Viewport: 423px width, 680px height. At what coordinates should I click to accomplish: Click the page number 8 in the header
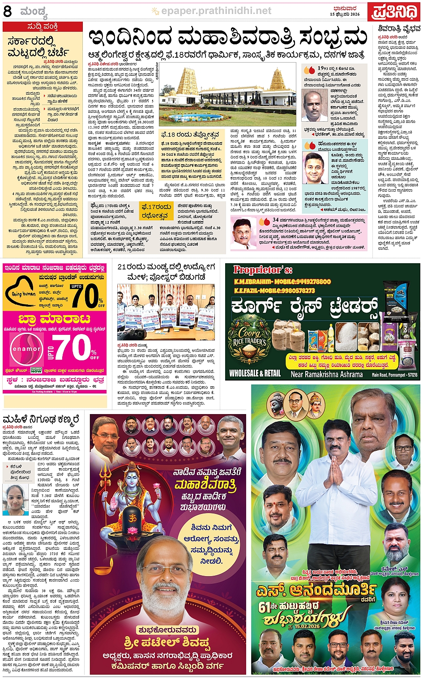7,11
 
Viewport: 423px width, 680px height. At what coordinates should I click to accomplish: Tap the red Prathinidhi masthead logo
394,12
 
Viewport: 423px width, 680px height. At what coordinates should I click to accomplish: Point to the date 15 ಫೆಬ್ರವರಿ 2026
345,14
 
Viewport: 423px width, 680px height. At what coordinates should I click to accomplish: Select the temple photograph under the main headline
228,95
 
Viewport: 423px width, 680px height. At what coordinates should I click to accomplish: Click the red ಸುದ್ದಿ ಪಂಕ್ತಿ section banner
43,26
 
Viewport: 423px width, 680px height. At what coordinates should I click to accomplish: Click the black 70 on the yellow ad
85,295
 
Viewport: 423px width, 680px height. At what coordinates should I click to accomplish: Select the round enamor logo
26,349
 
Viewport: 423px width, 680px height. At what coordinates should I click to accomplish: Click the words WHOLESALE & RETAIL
255,373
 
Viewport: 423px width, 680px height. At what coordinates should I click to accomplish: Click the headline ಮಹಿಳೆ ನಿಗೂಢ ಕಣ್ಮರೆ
41,419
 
